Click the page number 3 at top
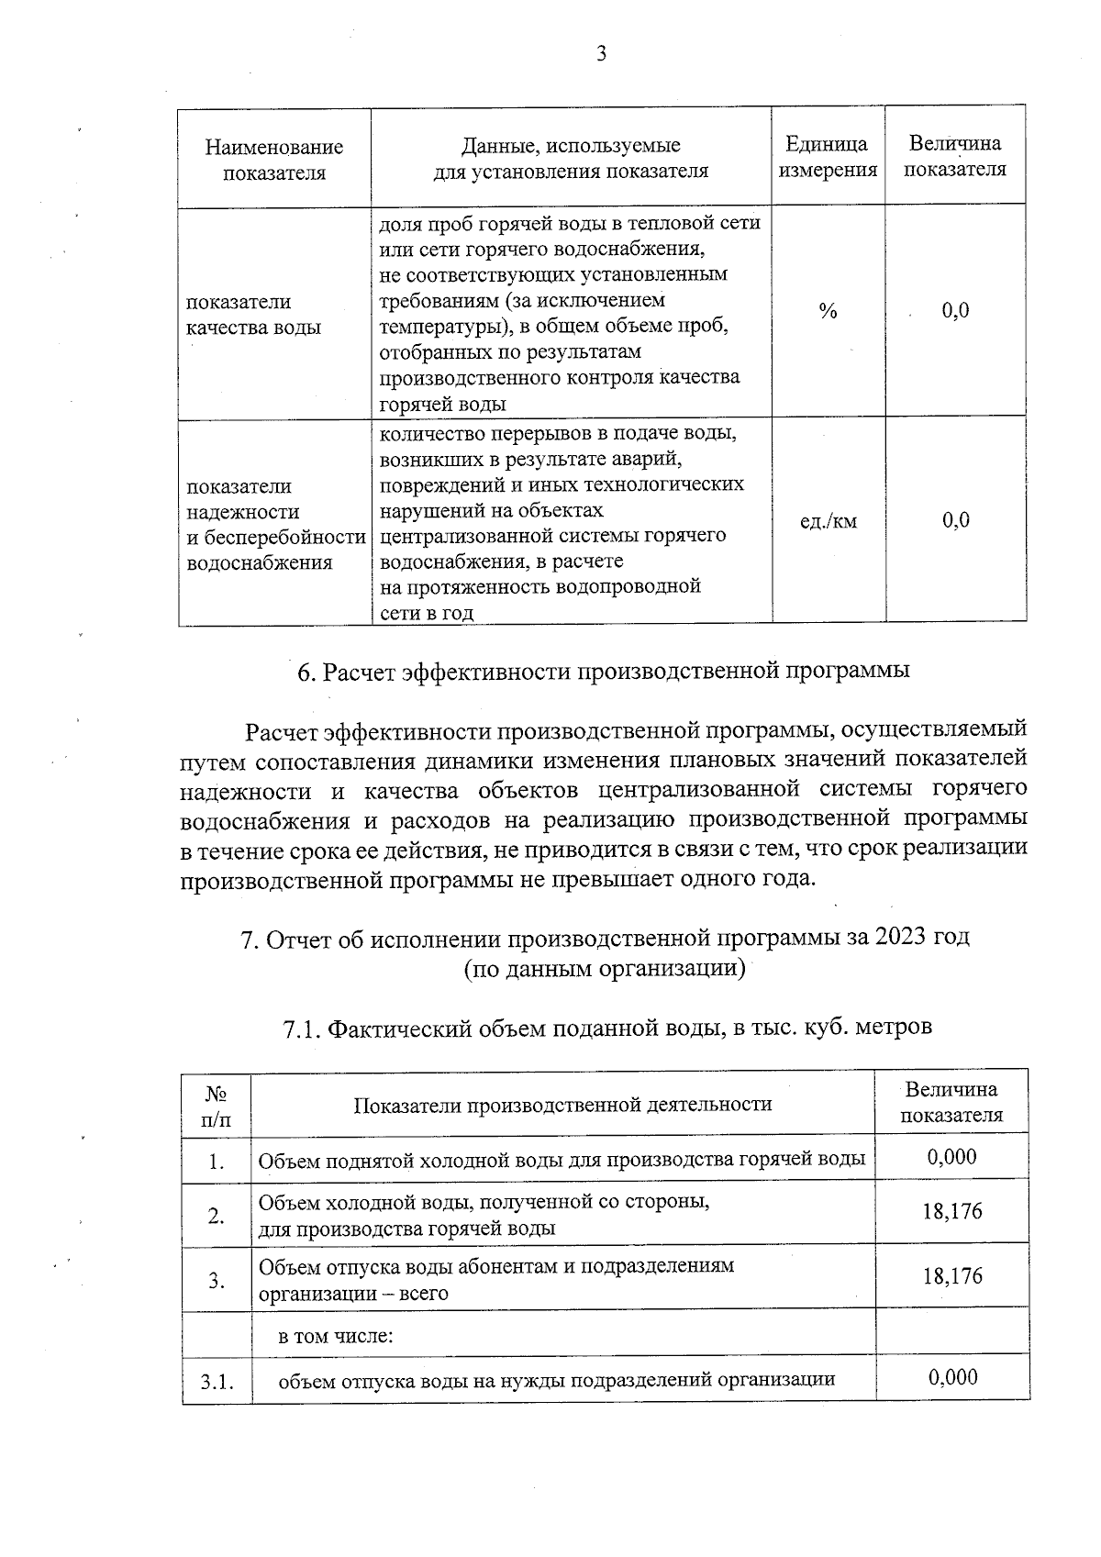coord(601,54)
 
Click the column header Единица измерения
coord(827,158)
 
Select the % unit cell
coord(828,312)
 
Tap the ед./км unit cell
coord(829,521)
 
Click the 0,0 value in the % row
coord(955,311)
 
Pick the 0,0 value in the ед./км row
coord(955,521)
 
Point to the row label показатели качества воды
coord(253,315)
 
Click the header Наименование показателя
coord(273,160)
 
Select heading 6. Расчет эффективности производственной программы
coord(603,671)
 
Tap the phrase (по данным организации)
coord(603,968)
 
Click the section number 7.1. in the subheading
coord(302,1028)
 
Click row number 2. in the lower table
coord(216,1217)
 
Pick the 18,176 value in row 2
coord(951,1212)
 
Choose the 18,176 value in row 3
coord(951,1276)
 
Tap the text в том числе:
coord(336,1336)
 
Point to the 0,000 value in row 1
coord(951,1157)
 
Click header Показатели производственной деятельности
coord(562,1105)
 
